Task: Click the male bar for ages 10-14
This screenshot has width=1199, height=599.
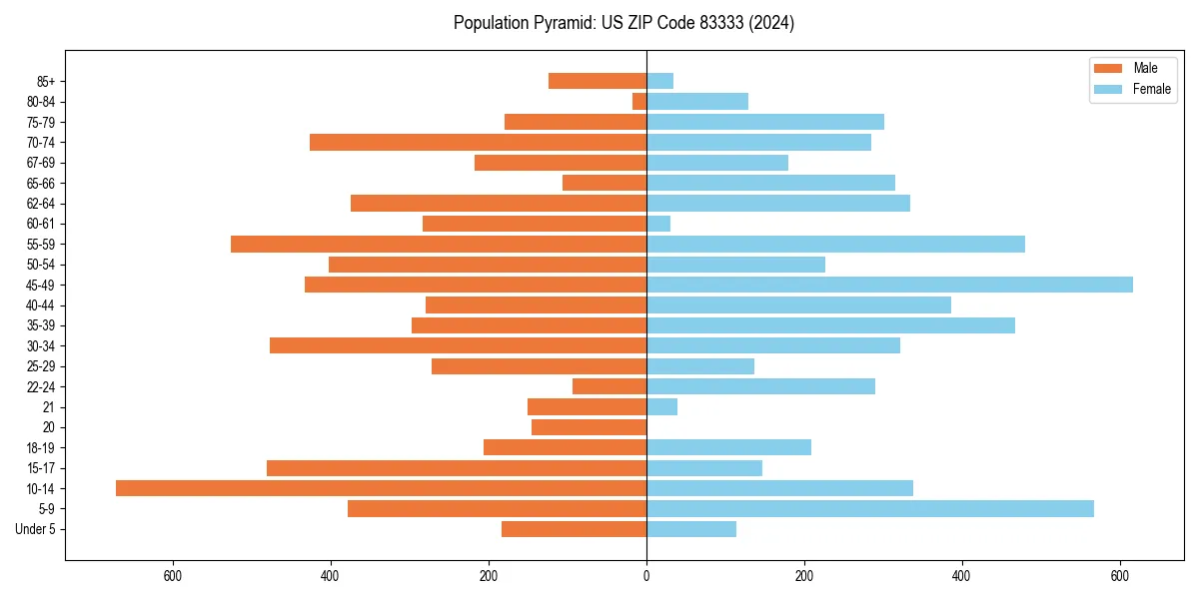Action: (x=381, y=488)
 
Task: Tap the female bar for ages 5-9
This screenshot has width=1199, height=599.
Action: (x=870, y=509)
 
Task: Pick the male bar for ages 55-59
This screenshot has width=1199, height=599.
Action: (x=439, y=245)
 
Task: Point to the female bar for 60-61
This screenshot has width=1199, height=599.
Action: (x=658, y=224)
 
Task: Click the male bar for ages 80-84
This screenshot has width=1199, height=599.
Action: (x=639, y=102)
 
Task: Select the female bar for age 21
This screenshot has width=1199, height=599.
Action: (x=661, y=407)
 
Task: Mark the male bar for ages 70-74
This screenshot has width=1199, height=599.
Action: (x=478, y=143)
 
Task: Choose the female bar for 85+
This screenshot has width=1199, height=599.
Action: (x=659, y=81)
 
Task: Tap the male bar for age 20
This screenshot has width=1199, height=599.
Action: (x=589, y=427)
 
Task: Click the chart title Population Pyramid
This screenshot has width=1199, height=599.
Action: (x=623, y=23)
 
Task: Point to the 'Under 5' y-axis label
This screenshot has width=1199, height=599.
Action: (x=35, y=529)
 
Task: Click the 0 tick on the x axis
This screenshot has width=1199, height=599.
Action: (x=646, y=576)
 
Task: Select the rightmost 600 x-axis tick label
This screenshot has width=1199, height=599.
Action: (x=1120, y=576)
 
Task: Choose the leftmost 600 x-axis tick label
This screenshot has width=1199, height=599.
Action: (x=172, y=576)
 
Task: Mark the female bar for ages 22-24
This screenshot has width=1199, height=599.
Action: (x=760, y=386)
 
